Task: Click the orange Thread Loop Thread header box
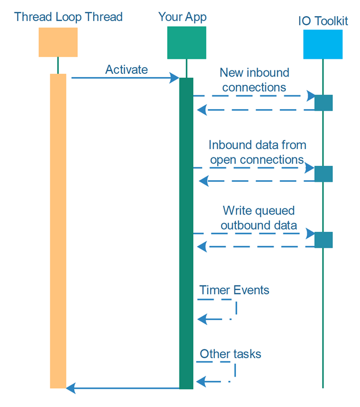tap(58, 42)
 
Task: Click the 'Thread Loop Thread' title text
tap(69, 17)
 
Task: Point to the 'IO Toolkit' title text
tap(322, 22)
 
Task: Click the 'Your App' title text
tap(182, 17)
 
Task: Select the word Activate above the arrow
tap(126, 69)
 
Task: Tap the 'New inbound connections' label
tap(254, 80)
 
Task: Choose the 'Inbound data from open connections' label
tap(257, 152)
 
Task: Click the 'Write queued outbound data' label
tap(259, 218)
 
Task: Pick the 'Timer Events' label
tap(234, 290)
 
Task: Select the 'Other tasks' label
tap(230, 354)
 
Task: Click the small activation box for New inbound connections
tap(323, 103)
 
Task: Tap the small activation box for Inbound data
tap(323, 174)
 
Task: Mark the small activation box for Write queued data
tap(323, 240)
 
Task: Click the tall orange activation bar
tap(58, 230)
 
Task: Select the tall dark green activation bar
tap(186, 233)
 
